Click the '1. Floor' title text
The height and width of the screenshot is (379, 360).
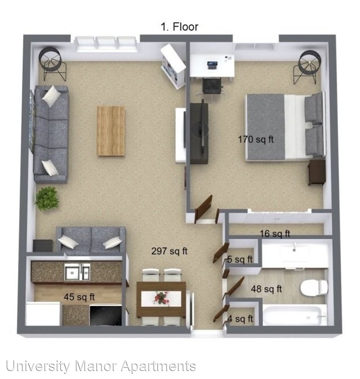click(x=179, y=27)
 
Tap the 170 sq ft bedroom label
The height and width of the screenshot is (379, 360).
click(x=256, y=139)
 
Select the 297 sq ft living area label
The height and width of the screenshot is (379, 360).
click(x=170, y=251)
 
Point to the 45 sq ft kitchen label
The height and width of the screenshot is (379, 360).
click(x=79, y=297)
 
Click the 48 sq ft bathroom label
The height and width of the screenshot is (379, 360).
click(x=266, y=289)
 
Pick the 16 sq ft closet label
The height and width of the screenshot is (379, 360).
click(x=275, y=234)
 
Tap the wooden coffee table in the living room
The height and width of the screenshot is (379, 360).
click(x=111, y=131)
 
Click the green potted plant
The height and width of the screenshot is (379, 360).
click(x=47, y=198)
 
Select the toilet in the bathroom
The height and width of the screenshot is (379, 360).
click(x=314, y=288)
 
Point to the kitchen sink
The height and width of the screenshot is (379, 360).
click(x=77, y=271)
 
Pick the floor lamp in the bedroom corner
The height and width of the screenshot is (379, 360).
click(x=307, y=66)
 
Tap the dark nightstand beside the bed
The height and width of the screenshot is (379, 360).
click(x=317, y=172)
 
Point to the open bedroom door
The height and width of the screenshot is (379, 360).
click(x=203, y=209)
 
